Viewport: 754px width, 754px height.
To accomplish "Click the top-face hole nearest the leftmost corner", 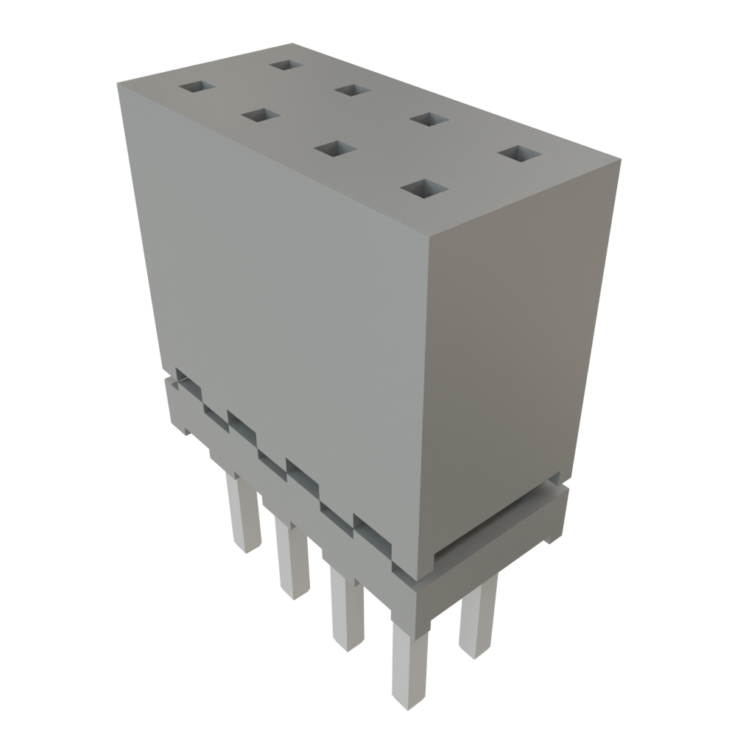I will click(x=196, y=88).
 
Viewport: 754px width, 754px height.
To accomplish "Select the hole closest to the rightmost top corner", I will click(x=520, y=154).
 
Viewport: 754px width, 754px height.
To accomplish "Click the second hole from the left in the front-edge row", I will click(x=260, y=116).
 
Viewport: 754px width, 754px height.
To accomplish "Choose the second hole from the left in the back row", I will click(x=351, y=90).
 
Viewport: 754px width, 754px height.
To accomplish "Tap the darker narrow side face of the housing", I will click(x=515, y=346).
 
